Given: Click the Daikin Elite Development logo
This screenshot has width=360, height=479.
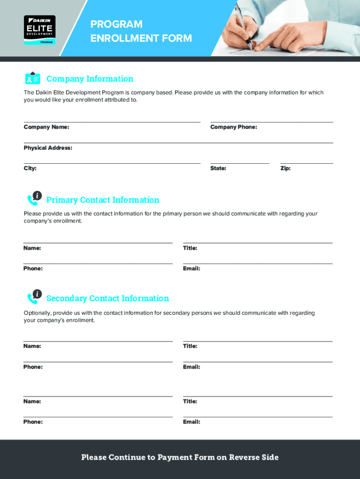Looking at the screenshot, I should pyautogui.click(x=40, y=30).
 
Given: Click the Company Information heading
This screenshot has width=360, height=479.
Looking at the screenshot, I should pyautogui.click(x=90, y=79).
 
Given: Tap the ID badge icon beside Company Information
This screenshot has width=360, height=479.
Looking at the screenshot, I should pyautogui.click(x=33, y=78).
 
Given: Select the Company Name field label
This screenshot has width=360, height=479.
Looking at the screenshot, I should pyautogui.click(x=46, y=127).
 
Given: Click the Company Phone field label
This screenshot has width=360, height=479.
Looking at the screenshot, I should pyautogui.click(x=233, y=127).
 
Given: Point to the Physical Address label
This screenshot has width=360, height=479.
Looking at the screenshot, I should pyautogui.click(x=48, y=148).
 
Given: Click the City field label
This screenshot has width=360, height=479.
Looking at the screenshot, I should pyautogui.click(x=30, y=168).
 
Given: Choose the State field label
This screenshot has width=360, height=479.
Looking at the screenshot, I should pyautogui.click(x=218, y=168).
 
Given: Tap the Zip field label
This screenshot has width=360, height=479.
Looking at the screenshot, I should pyautogui.click(x=285, y=168).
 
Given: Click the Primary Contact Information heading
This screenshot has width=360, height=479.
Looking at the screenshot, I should pyautogui.click(x=103, y=200).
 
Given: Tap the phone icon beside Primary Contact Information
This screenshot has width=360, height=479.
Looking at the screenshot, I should pyautogui.click(x=34, y=198).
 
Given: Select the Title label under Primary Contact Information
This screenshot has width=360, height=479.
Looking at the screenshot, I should pyautogui.click(x=190, y=248).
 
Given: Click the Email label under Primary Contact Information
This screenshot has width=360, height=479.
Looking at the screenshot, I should pyautogui.click(x=192, y=269).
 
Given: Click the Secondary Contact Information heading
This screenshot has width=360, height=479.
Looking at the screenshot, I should pyautogui.click(x=108, y=298).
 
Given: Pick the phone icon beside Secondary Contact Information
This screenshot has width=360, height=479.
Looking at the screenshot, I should pyautogui.click(x=34, y=297).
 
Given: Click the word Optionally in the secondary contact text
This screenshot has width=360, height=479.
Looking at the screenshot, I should pyautogui.click(x=37, y=313).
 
